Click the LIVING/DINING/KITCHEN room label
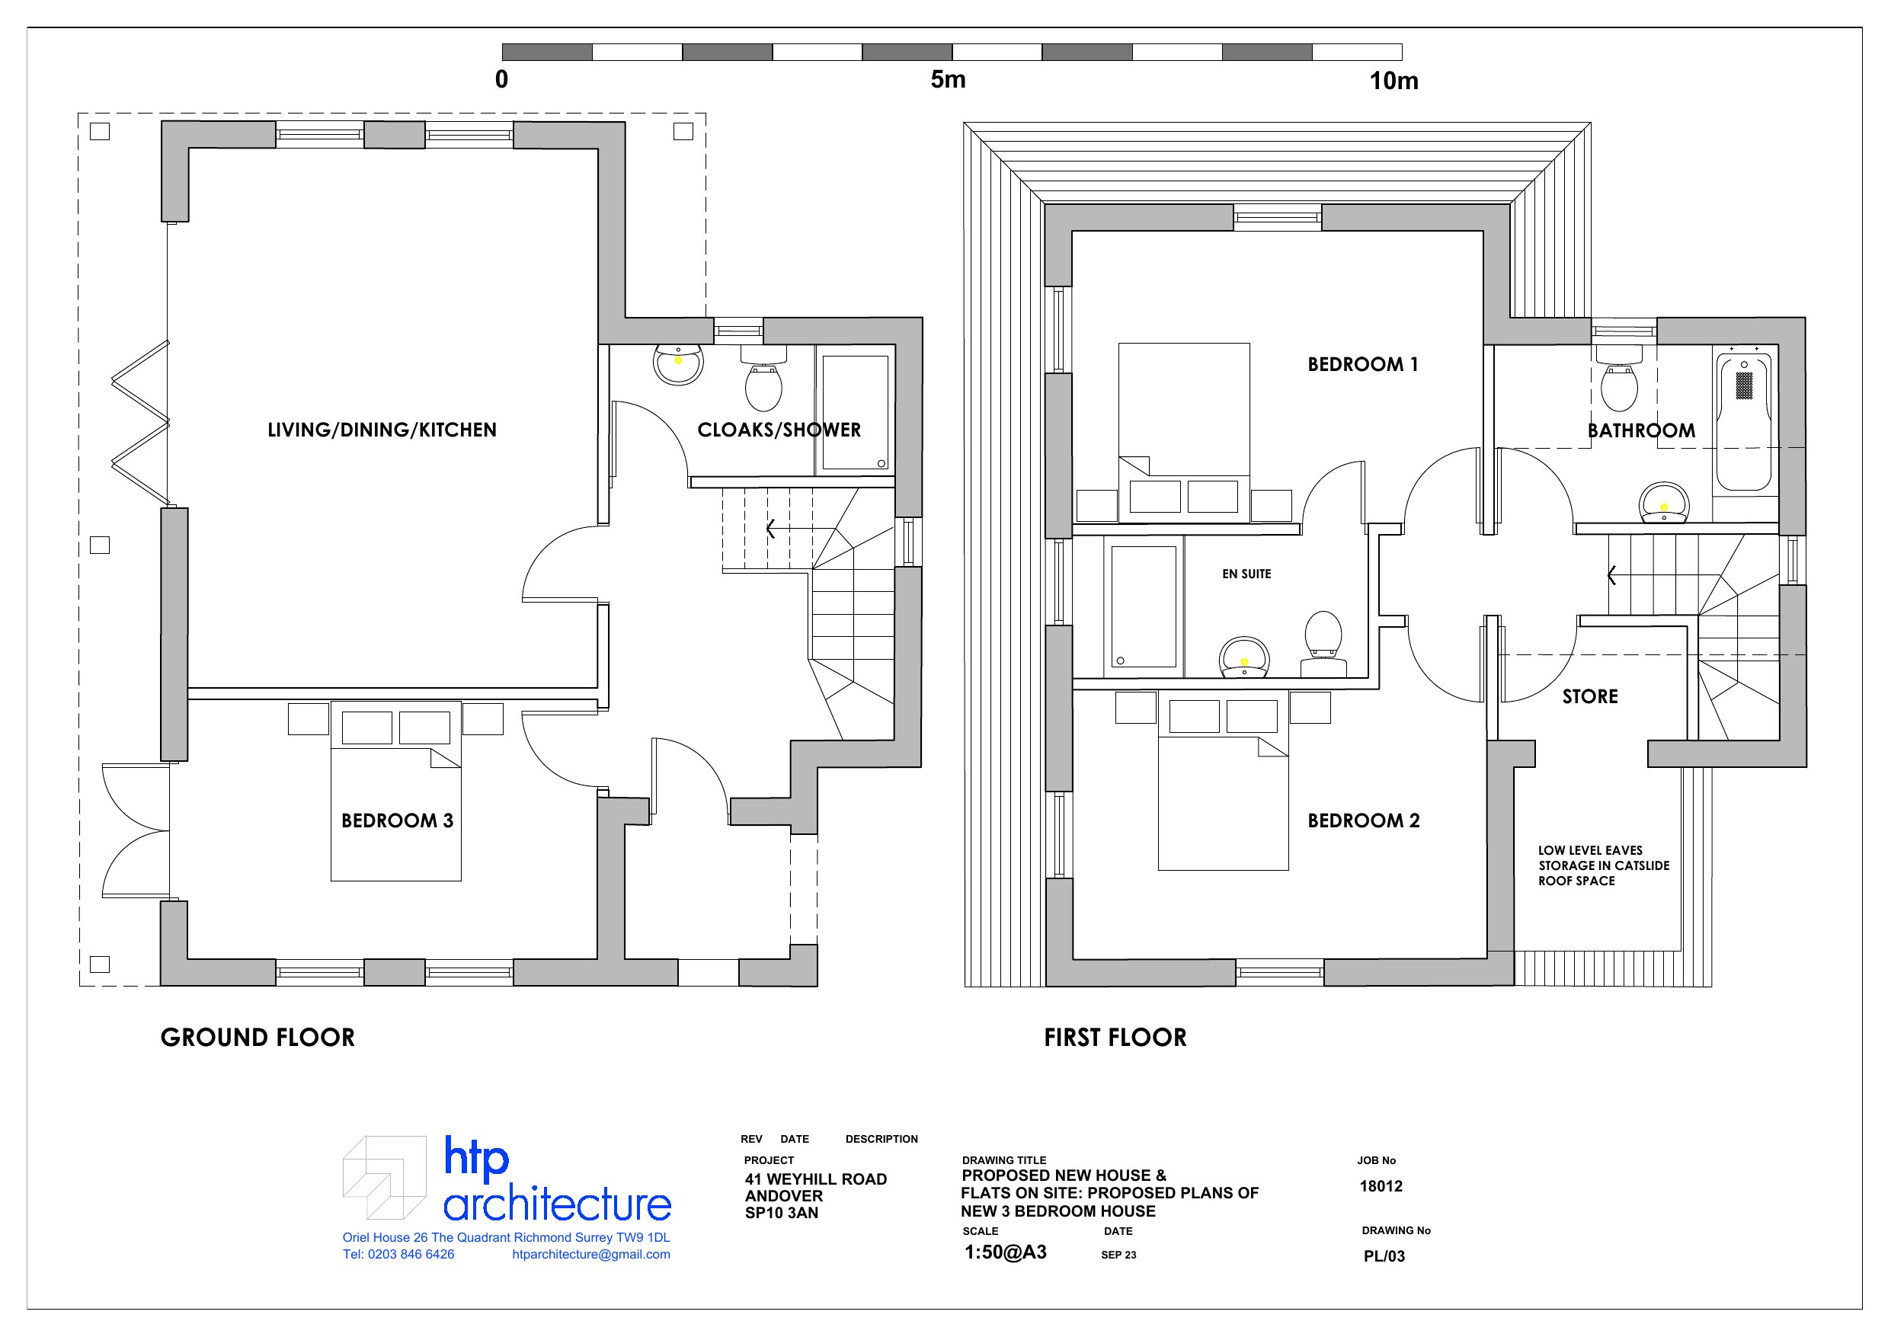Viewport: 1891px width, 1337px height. click(x=382, y=430)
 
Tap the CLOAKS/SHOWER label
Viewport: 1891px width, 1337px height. click(x=779, y=430)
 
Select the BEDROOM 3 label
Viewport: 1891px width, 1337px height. click(x=398, y=820)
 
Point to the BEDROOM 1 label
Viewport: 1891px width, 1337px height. click(x=1363, y=364)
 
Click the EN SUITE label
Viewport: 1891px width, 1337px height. click(x=1247, y=574)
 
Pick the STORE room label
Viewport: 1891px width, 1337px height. click(x=1590, y=697)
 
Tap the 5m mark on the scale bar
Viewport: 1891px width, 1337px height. click(x=948, y=80)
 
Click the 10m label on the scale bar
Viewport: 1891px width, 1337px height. click(x=1393, y=81)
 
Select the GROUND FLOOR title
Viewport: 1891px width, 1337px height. click(x=258, y=1037)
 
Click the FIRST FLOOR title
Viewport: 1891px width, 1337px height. click(x=1116, y=1037)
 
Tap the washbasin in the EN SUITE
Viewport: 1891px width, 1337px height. click(x=1244, y=657)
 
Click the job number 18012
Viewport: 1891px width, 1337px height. click(x=1381, y=1186)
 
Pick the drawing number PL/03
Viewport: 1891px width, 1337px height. click(x=1384, y=1256)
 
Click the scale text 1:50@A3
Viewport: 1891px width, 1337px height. click(x=1006, y=1253)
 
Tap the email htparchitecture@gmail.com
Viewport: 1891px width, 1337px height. click(x=591, y=1255)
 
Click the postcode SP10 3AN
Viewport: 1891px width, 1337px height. click(x=782, y=1214)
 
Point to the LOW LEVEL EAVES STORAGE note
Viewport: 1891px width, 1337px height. click(x=1604, y=865)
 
